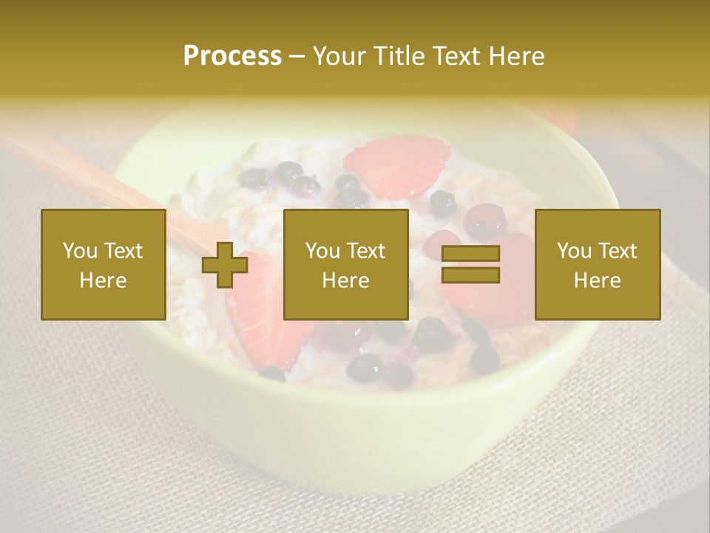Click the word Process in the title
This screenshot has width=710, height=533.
[x=232, y=56]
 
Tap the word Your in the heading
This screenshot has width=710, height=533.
[x=341, y=56]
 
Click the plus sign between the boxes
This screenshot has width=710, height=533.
[x=225, y=265]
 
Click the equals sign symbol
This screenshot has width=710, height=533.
[x=470, y=264]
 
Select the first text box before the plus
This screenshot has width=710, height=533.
[x=104, y=264]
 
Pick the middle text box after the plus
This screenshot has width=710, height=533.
[x=345, y=264]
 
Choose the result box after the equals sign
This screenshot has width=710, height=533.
[x=598, y=264]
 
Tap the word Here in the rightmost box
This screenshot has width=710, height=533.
[x=598, y=281]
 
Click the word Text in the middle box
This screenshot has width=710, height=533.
[x=367, y=251]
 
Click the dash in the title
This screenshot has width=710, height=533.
[x=297, y=57]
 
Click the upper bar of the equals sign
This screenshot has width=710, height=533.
[x=470, y=254]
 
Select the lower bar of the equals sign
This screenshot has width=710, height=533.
[x=470, y=275]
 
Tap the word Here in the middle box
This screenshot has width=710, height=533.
[x=345, y=281]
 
